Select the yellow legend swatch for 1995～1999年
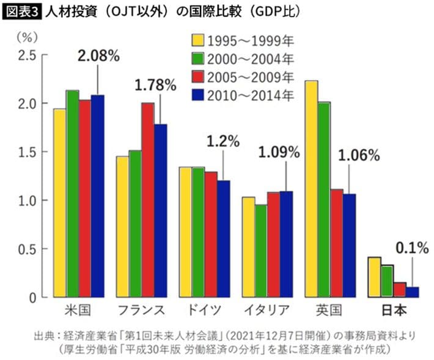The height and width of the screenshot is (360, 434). point(197,42)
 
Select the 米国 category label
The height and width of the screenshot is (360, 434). point(78,310)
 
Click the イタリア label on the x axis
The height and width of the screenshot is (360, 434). point(267,310)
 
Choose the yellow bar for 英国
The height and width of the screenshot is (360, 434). point(310,189)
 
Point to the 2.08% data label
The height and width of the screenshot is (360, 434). point(98,56)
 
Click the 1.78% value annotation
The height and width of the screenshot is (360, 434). point(155,85)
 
